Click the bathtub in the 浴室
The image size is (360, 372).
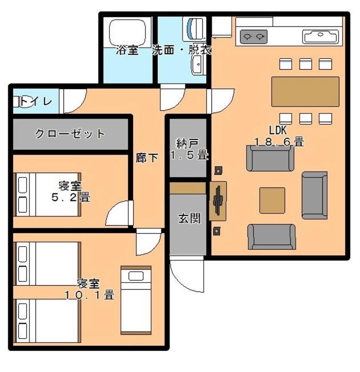coord(127,32)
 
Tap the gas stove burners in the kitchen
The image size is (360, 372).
coord(254,37)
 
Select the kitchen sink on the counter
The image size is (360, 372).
coord(321,37)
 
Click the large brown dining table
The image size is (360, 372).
coord(305,91)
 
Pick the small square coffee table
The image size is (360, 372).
coord(272,201)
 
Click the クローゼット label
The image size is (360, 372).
coord(70,134)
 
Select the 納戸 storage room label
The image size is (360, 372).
coord(187,143)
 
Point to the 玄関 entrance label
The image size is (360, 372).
coord(189,218)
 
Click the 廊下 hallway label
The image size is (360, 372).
coord(147,158)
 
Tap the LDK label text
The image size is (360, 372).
coord(278,130)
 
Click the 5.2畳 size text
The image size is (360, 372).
coord(71,197)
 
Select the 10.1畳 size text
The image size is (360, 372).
coord(90,295)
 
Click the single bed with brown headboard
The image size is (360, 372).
coord(136,300)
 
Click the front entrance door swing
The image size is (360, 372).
coord(187,274)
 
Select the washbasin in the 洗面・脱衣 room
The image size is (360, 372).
coord(198,65)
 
